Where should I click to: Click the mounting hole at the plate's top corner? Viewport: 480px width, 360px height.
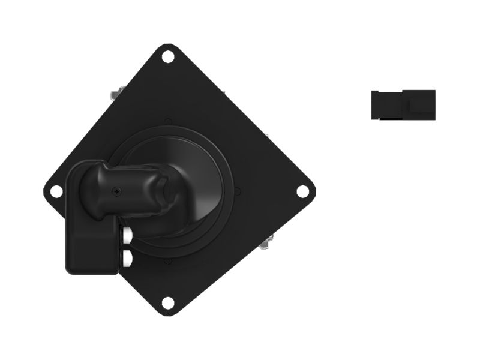pyautogui.click(x=168, y=57)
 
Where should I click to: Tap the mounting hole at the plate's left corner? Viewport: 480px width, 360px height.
pyautogui.click(x=56, y=191)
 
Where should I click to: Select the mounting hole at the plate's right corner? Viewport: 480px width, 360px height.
pyautogui.click(x=303, y=191)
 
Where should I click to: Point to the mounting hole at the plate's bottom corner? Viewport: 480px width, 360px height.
pyautogui.click(x=169, y=302)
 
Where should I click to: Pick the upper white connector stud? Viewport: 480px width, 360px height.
pyautogui.click(x=127, y=235)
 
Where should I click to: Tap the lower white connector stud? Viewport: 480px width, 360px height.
pyautogui.click(x=127, y=259)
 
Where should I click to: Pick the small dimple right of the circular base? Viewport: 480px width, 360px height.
pyautogui.click(x=238, y=191)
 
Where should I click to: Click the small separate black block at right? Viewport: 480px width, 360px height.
pyautogui.click(x=403, y=104)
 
